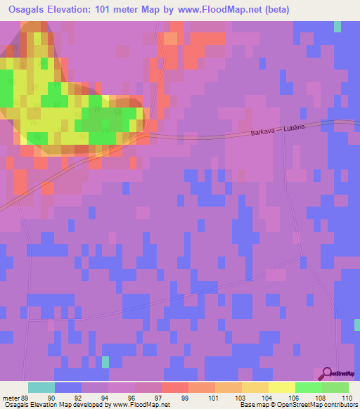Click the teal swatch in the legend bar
(41, 387)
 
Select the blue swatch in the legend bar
(68, 387)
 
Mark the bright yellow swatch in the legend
(282, 387)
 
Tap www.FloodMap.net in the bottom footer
(141, 405)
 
